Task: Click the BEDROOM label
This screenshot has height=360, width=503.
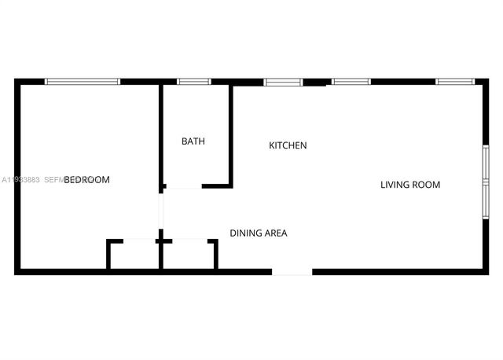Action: point(86,180)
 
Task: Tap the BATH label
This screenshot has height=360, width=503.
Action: point(193,142)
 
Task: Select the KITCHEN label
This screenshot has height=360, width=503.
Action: point(288,145)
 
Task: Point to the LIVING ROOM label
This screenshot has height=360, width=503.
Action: point(410,186)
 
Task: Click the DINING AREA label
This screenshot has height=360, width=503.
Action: point(258,233)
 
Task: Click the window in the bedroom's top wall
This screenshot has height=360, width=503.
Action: point(82,81)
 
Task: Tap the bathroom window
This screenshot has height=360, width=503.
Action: point(193,81)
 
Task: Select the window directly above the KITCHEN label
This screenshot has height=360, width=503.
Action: point(283,81)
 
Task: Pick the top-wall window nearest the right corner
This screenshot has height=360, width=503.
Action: point(455,81)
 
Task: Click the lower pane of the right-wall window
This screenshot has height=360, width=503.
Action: point(486,201)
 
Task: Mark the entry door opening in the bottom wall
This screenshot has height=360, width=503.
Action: point(292,272)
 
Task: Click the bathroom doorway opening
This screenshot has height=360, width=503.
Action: point(184,186)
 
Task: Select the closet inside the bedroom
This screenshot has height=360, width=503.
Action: point(134,255)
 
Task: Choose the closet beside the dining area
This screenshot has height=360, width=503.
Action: point(188,255)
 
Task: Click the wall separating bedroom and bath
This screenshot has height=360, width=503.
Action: point(161,134)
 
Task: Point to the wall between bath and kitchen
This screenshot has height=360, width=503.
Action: point(230,134)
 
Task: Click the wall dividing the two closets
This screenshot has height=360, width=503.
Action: point(161,253)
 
